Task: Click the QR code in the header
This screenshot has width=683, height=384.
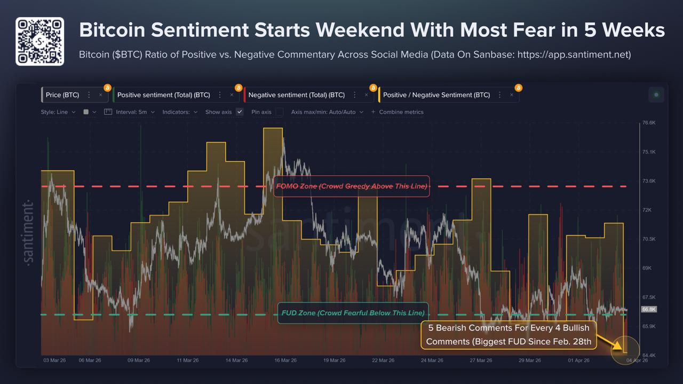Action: coord(39,41)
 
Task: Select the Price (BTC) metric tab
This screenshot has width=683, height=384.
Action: coord(62,95)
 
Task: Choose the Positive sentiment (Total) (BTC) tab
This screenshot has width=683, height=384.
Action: coord(163,95)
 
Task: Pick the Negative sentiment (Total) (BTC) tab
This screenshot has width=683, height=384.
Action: coord(296,95)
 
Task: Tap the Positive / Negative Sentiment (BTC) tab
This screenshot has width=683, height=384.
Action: coord(436,95)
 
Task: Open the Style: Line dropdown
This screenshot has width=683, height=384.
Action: coord(58,112)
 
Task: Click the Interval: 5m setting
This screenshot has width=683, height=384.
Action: coord(130,112)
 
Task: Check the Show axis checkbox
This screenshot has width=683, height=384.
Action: coord(240,112)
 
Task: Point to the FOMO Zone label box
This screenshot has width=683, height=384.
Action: coord(352,186)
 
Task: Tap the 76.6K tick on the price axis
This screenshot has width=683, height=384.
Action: coord(648,123)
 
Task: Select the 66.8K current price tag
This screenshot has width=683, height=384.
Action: coord(648,309)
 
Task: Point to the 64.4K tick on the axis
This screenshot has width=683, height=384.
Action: coord(648,355)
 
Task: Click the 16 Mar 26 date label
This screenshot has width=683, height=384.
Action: coord(285,361)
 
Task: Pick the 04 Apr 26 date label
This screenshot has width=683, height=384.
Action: coord(637,361)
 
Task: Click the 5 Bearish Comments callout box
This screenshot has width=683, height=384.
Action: coord(509,335)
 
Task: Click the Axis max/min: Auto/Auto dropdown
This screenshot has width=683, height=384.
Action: coord(327,112)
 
